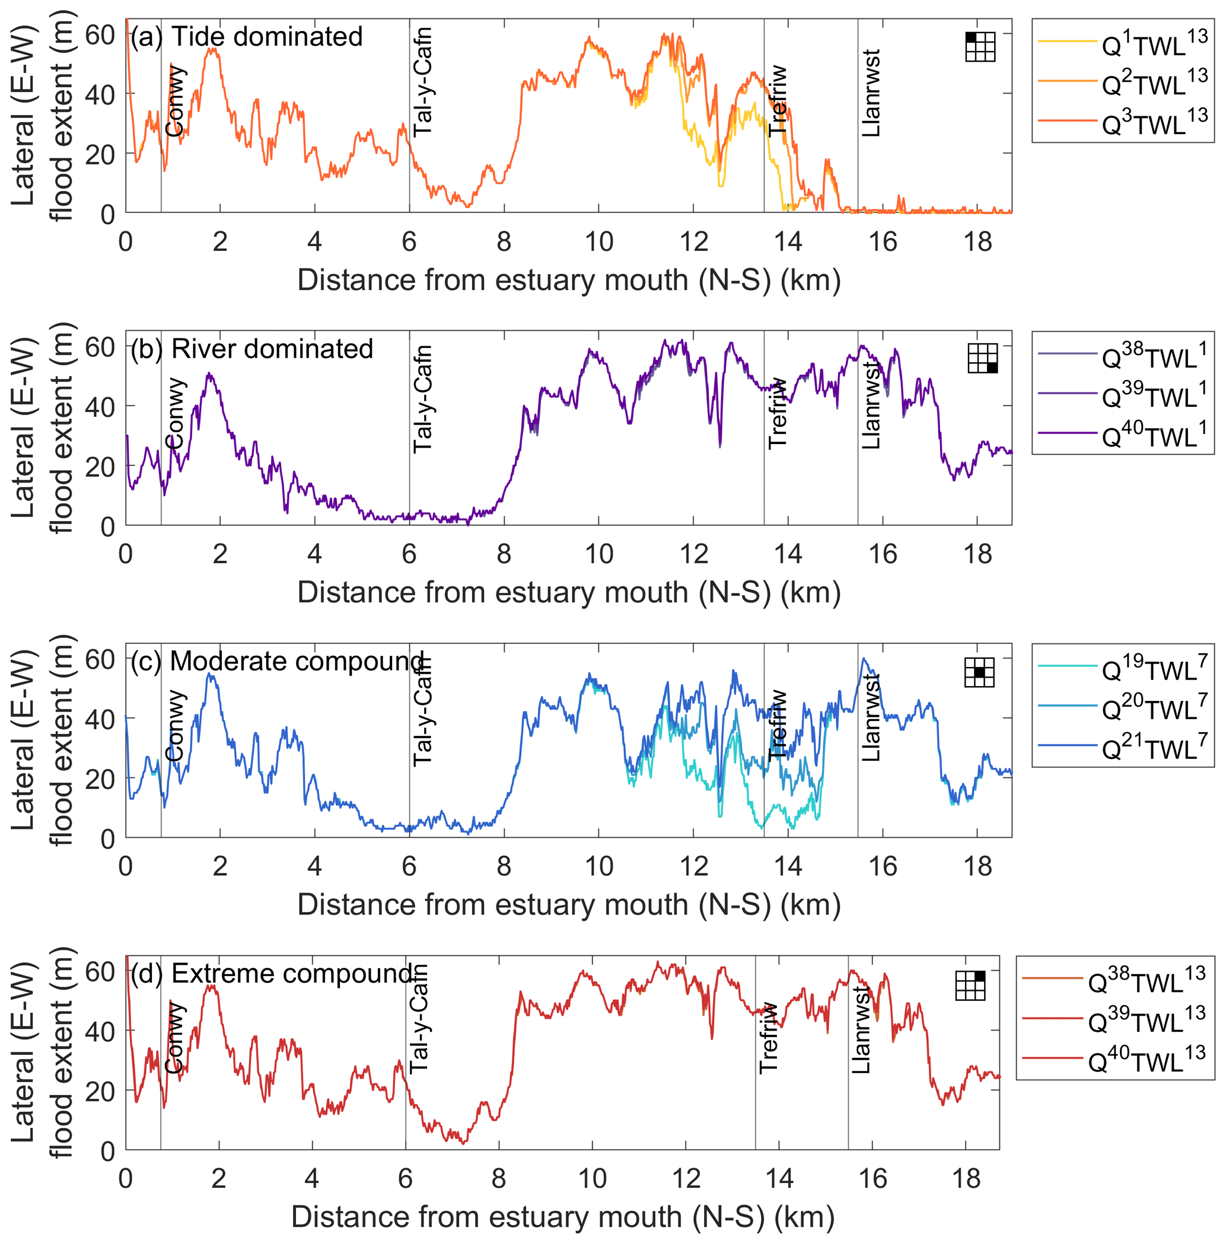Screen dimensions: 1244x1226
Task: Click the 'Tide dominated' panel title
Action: coord(266,37)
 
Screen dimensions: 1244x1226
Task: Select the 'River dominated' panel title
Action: coord(272,349)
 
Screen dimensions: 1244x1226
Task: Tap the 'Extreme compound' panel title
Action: coord(291,973)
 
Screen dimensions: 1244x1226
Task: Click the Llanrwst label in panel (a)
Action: coord(871,93)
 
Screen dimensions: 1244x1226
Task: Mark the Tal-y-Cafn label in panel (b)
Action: coord(422,399)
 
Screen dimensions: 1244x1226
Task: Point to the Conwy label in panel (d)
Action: coord(174,1037)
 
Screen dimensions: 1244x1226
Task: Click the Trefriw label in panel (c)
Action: coord(777,724)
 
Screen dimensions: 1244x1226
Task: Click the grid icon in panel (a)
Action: coord(980,47)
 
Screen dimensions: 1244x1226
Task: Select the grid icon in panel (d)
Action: coord(970,985)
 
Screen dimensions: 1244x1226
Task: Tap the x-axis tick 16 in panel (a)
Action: coord(882,243)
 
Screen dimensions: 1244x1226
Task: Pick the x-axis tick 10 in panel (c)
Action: coord(598,867)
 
